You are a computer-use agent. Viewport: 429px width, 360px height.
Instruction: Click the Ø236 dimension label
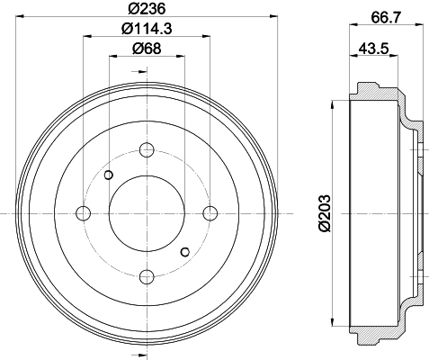147,9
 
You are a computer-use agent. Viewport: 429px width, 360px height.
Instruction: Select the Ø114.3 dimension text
147,29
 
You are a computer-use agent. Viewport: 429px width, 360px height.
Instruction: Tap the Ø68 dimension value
147,49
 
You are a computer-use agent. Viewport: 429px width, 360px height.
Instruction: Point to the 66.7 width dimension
386,18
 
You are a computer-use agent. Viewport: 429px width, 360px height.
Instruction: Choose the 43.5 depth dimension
373,49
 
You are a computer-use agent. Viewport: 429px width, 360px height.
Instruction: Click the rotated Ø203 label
325,213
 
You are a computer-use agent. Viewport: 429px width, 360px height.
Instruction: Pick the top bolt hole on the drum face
147,150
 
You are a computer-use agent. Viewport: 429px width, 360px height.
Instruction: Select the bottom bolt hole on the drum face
147,276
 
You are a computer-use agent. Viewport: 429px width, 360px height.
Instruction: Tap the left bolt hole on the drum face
84,213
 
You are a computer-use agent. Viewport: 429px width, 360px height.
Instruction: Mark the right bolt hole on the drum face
210,213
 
